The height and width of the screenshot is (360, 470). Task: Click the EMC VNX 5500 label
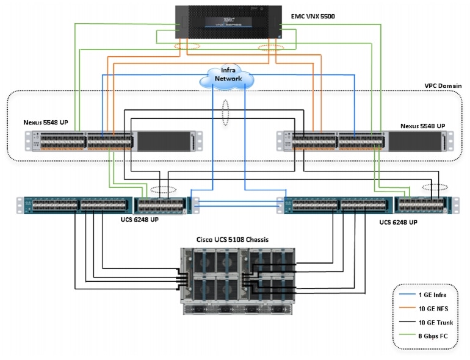point(313,16)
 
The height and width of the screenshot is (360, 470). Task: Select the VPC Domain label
point(443,85)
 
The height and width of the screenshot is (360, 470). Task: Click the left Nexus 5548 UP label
point(46,122)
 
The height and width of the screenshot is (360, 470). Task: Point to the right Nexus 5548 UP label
point(422,126)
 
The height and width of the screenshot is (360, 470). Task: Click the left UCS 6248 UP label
point(139,220)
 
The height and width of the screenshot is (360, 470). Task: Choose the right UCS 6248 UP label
point(398,222)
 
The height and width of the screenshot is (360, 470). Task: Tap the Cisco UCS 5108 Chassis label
point(233,240)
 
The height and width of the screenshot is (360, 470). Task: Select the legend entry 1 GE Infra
point(433,295)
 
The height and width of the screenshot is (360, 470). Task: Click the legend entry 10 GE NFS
point(433,309)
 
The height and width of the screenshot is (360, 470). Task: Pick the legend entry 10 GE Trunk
point(436,323)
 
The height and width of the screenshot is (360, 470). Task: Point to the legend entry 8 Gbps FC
point(433,336)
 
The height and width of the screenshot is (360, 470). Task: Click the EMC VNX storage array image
point(228,22)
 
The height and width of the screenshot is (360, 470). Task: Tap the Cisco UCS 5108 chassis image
point(237,281)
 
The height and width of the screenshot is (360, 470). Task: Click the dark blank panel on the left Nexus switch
point(164,141)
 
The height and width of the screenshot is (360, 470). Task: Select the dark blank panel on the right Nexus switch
point(415,141)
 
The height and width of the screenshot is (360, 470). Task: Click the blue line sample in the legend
point(407,294)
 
